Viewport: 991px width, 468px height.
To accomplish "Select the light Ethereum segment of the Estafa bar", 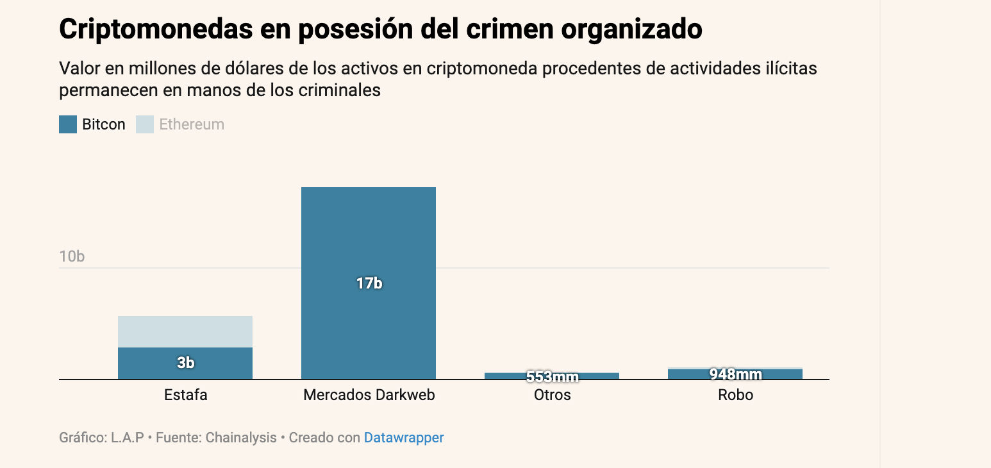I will tap(185, 331).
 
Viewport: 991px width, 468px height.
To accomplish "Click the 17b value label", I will tap(369, 283).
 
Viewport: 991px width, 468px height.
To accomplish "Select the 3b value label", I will tap(186, 363).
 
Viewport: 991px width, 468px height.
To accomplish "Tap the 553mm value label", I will tap(552, 377).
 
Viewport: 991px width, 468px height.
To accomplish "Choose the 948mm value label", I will tap(735, 374).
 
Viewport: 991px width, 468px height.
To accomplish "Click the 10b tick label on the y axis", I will tap(72, 256).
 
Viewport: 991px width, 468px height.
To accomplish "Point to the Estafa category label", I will tap(186, 395).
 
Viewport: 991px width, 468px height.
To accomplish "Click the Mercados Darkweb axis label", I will tap(369, 395).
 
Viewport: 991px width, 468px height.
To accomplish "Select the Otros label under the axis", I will tap(552, 395).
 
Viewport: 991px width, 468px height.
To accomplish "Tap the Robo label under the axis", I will tap(735, 395).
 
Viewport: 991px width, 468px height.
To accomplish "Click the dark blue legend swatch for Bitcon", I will tap(68, 124).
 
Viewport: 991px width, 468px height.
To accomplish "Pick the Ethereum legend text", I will tap(192, 124).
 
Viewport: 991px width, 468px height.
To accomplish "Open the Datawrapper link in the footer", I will tap(404, 438).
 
